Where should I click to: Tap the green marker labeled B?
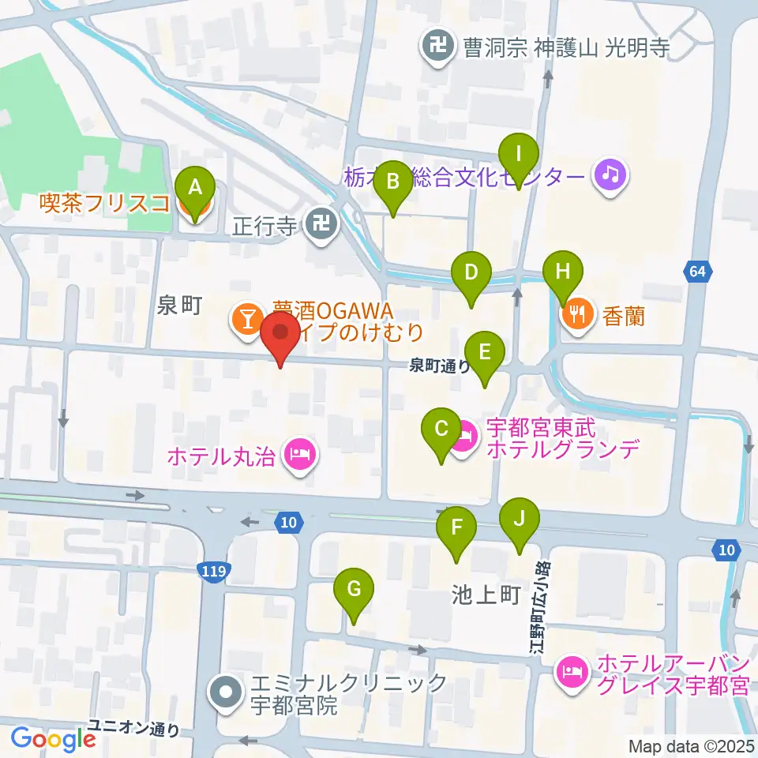[x=392, y=183]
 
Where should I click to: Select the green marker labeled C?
[x=441, y=430]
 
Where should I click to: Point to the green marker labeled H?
[x=562, y=274]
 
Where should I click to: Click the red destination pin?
[x=280, y=336]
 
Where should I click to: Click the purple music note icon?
[x=610, y=174]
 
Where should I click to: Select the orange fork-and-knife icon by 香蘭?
[x=578, y=316]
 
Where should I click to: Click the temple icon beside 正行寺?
[x=321, y=225]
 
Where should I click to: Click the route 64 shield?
[x=696, y=272]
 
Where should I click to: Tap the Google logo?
[x=53, y=739]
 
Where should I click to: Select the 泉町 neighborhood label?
[x=181, y=306]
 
